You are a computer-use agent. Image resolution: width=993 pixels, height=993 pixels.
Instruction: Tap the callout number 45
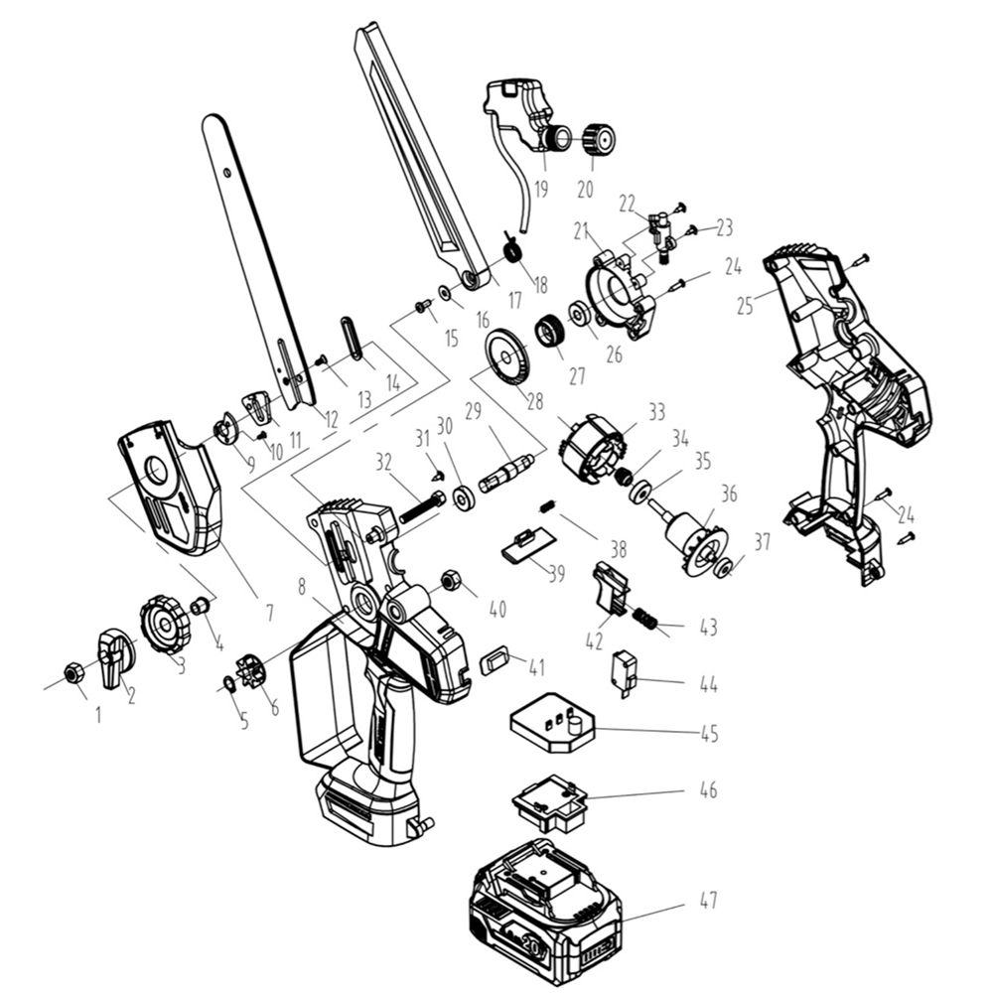point(708,734)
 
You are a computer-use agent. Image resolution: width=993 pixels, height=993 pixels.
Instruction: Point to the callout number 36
point(729,493)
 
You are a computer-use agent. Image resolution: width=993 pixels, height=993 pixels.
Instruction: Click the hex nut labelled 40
point(448,578)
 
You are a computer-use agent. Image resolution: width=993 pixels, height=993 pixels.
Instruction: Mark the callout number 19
point(541,189)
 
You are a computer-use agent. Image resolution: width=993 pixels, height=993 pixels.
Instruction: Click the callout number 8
point(301,586)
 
